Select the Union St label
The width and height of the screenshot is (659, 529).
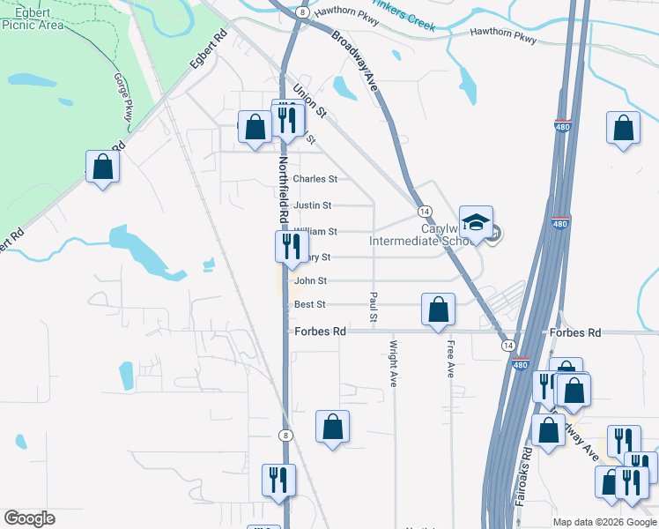pos(309,101)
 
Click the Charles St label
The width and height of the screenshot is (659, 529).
pos(315,179)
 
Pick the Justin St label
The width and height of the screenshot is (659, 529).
pos(313,205)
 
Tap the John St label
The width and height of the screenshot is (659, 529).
pos(310,281)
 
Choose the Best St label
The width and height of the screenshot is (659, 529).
pos(310,305)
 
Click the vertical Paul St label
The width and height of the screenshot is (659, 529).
pos(374,307)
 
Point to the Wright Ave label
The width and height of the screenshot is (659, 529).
pos(394,362)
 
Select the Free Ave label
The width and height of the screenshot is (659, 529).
pos(450,359)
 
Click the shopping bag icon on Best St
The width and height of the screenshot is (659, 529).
pos(438,309)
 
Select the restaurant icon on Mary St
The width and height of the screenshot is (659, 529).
pos(292,246)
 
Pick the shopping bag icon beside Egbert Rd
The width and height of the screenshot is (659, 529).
pos(102,166)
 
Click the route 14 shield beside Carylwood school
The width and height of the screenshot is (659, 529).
pos(425,212)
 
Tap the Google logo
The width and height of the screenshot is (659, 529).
pos(29,518)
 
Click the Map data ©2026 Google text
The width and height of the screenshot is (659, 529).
pos(604,522)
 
